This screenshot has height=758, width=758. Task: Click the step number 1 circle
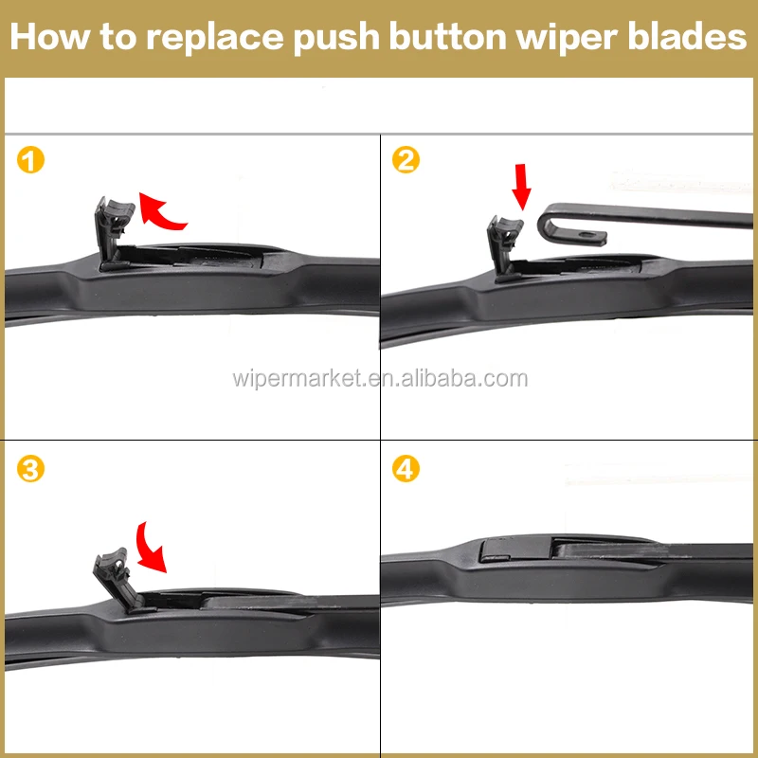31,160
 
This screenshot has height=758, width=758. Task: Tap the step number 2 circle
406,160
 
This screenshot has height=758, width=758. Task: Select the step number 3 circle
31,469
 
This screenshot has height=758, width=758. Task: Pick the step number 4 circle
406,469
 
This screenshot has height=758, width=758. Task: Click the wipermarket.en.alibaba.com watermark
379,379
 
